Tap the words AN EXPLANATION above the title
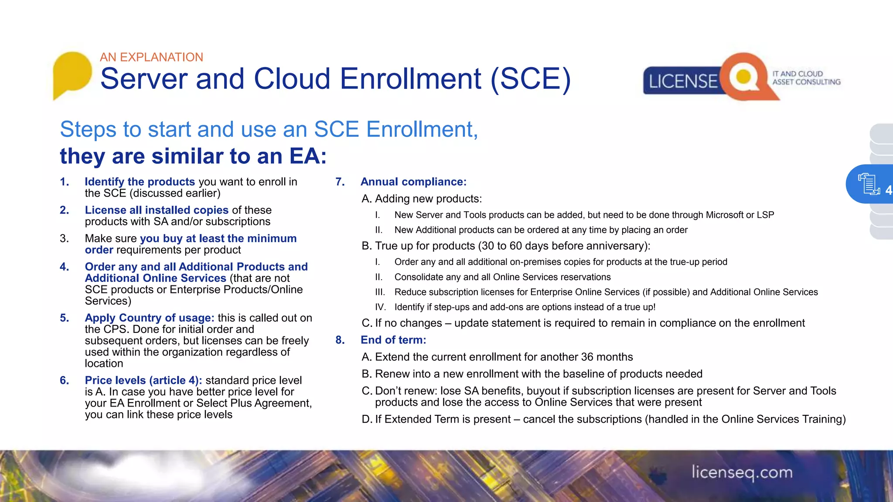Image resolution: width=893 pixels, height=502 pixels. point(151,57)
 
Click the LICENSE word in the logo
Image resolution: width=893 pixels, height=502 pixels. point(683,81)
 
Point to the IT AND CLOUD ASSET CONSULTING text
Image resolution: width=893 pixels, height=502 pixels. point(806,78)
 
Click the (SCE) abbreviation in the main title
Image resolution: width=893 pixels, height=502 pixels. point(530,79)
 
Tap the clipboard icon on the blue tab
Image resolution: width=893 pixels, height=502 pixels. point(868,183)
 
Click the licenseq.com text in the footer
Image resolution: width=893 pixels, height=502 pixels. point(742,472)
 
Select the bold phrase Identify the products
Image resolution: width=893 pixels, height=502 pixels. point(140,182)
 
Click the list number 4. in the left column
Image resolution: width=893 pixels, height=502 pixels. point(65,267)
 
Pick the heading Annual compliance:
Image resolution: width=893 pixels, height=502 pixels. point(413,182)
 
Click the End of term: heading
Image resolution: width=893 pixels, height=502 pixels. point(393,340)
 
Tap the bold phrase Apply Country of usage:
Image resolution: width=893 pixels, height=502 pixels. point(150,318)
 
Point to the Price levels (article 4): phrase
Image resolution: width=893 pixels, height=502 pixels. point(143,380)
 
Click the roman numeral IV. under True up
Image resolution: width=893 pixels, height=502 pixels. point(380,307)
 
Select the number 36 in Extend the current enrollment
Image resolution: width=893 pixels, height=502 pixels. point(587,357)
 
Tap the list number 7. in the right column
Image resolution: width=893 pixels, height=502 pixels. point(340,182)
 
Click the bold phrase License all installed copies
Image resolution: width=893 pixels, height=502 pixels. point(157,210)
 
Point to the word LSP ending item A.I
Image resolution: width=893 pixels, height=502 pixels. point(765,215)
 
